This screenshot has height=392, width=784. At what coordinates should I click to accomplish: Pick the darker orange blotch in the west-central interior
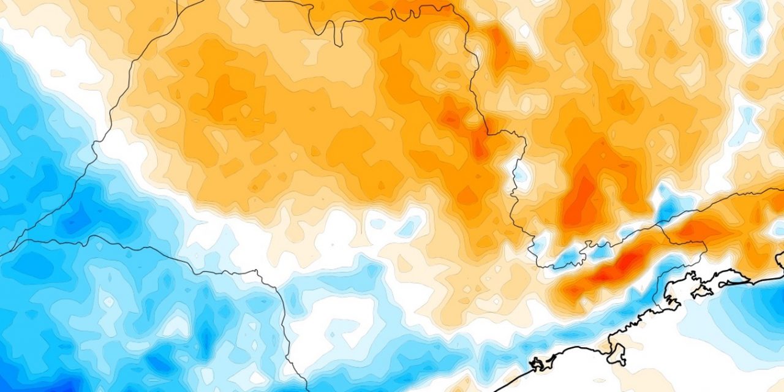coord(227,98)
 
